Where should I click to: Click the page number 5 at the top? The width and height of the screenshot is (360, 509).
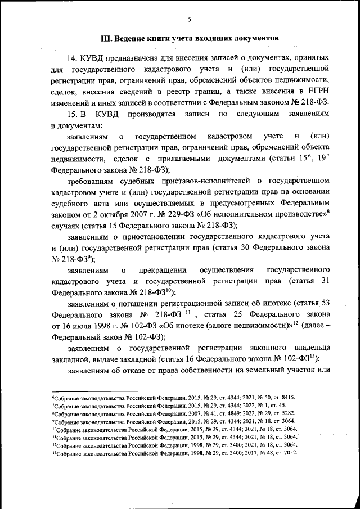[x=190, y=20]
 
